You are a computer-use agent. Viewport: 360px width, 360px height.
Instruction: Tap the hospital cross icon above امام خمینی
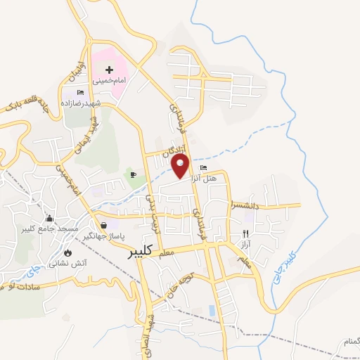point(110,70)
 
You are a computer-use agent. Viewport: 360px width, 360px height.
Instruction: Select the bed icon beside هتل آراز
point(204,168)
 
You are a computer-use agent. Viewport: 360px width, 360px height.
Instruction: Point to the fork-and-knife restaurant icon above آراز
point(245,233)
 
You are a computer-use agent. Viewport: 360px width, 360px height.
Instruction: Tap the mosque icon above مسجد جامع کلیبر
point(49,219)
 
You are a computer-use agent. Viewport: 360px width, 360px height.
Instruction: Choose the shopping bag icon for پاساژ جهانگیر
point(104,225)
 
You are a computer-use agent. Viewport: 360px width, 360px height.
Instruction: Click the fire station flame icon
point(67,252)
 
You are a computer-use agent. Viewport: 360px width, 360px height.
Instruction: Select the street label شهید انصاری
point(149,330)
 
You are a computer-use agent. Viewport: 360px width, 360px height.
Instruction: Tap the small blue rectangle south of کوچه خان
point(211,309)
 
